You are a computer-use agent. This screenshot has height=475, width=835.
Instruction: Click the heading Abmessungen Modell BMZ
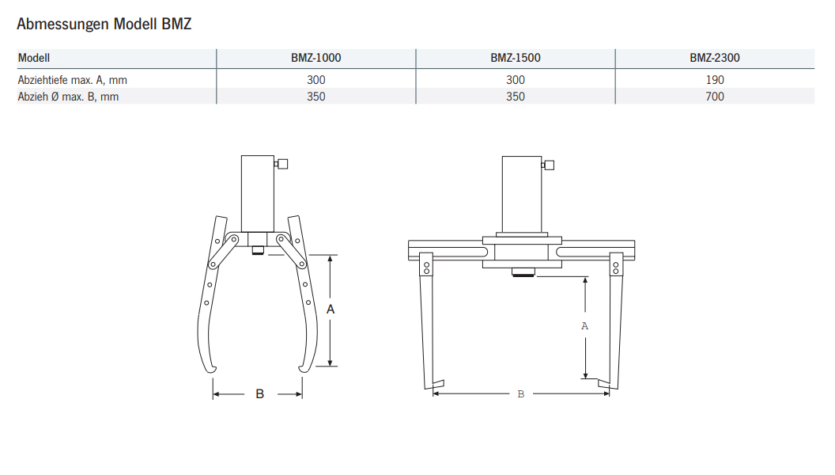[x=104, y=25]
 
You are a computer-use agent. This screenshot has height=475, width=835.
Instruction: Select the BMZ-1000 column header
[x=315, y=58]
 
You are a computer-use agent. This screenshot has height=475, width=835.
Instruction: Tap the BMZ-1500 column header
[x=515, y=58]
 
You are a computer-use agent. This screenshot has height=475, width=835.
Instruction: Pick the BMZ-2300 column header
[x=714, y=58]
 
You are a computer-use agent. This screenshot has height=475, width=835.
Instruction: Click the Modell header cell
[x=34, y=58]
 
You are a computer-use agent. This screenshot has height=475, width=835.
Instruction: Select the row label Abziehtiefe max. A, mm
[x=72, y=80]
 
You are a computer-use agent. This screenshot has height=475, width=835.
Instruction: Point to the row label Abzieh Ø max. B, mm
[x=68, y=97]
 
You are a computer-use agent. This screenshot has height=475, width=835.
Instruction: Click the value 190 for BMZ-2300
[x=714, y=80]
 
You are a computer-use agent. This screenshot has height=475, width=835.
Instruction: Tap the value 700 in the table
[x=714, y=97]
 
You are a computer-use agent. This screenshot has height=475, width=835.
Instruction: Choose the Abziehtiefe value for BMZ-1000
[x=315, y=80]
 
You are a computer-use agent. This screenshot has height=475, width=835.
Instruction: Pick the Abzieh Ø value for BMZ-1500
[x=515, y=97]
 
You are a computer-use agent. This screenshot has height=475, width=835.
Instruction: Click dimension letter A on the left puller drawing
[x=331, y=310]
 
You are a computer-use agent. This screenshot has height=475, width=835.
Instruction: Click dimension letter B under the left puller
[x=259, y=393]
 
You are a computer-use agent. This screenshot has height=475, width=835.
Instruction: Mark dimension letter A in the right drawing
[x=584, y=325]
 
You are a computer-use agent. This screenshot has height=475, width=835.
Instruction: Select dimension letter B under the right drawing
[x=520, y=393]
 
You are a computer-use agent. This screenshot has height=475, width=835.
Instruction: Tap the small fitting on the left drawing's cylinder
[x=281, y=164]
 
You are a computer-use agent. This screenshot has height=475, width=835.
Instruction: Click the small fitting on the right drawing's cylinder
[x=548, y=165]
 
